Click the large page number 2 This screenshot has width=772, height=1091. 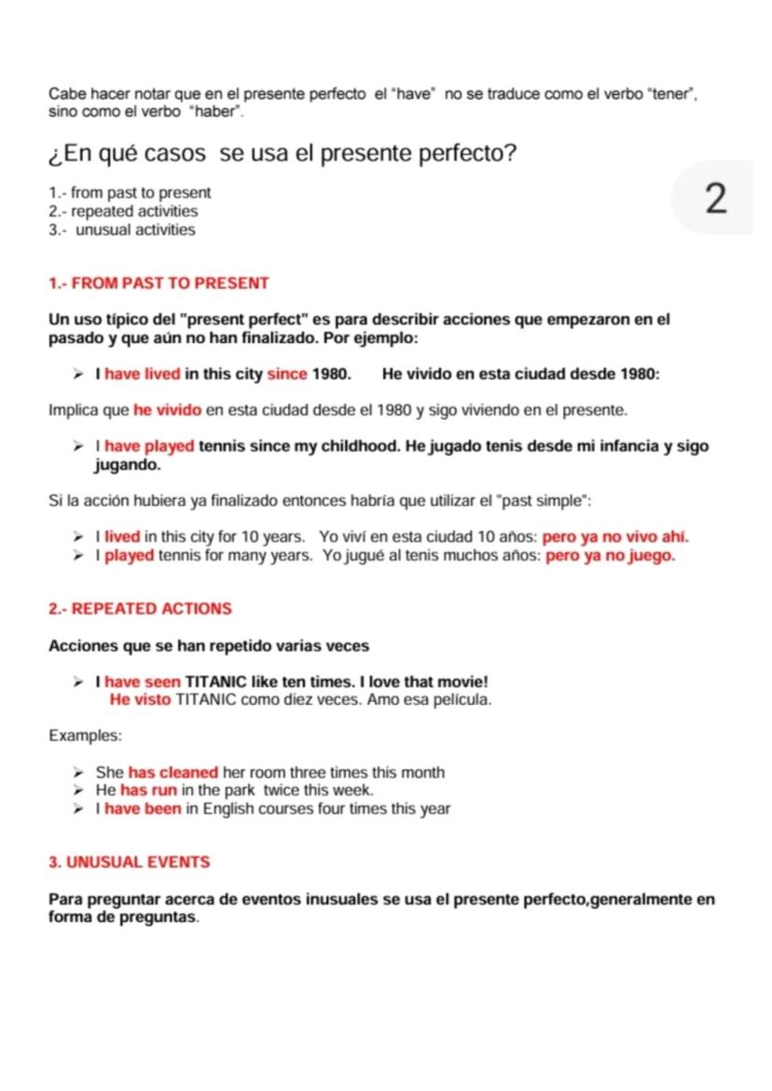pyautogui.click(x=715, y=199)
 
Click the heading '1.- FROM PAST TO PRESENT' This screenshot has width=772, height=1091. pyautogui.click(x=159, y=283)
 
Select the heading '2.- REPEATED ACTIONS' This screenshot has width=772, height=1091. pyautogui.click(x=140, y=609)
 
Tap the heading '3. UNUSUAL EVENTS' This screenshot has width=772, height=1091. pyautogui.click(x=129, y=863)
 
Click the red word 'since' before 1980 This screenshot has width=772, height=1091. pyautogui.click(x=287, y=375)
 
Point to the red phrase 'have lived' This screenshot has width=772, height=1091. pyautogui.click(x=143, y=375)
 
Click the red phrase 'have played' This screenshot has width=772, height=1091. pyautogui.click(x=149, y=446)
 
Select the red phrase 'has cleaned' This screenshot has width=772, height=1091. pyautogui.click(x=173, y=772)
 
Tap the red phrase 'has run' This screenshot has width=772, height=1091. pyautogui.click(x=148, y=791)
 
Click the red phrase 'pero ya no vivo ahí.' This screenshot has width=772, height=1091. pyautogui.click(x=615, y=537)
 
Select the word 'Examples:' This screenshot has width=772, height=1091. pyautogui.click(x=85, y=736)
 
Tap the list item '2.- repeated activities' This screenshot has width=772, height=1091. pyautogui.click(x=123, y=212)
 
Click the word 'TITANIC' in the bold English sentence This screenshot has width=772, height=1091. pyautogui.click(x=216, y=683)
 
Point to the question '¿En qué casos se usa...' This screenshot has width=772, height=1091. pyautogui.click(x=282, y=153)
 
